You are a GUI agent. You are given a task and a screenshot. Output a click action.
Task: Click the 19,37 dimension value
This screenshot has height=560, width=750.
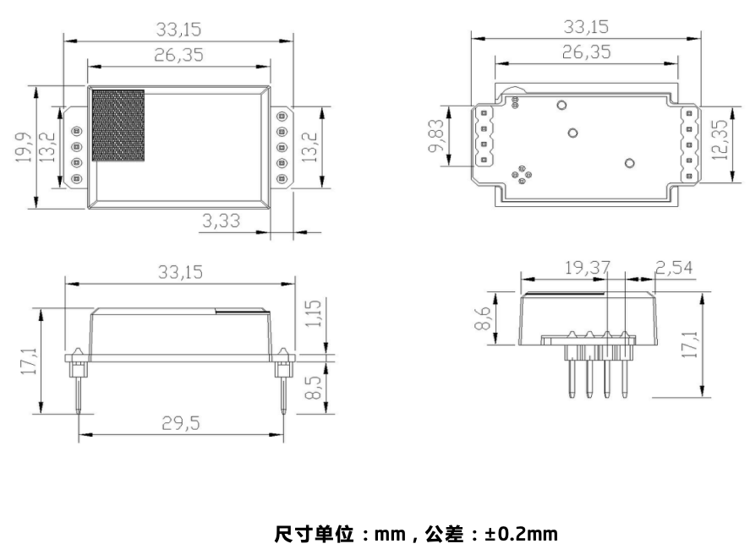click(x=587, y=269)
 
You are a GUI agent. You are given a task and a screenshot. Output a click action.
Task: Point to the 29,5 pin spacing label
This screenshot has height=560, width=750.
click(x=182, y=424)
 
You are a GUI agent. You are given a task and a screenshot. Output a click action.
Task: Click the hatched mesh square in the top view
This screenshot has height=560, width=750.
click(x=118, y=125)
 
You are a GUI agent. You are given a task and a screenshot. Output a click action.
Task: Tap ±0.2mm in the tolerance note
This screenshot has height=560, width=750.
click(x=521, y=535)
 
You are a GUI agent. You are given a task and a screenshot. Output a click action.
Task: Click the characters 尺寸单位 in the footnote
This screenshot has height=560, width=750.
click(x=309, y=535)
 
